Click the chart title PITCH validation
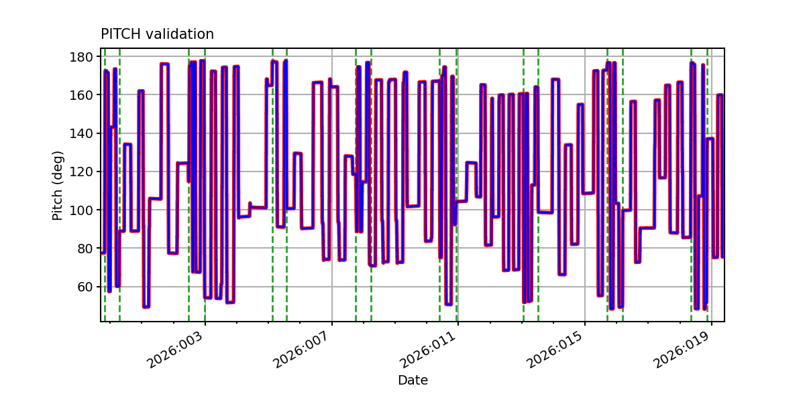point(157,34)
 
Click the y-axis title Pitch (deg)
point(58,185)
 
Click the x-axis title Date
point(413,381)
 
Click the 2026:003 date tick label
point(174,350)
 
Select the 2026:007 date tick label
point(301,350)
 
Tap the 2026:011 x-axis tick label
point(428,350)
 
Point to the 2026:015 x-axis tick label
point(555,350)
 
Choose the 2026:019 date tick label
point(682,350)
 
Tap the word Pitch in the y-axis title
point(58,204)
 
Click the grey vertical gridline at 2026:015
point(585,201)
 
